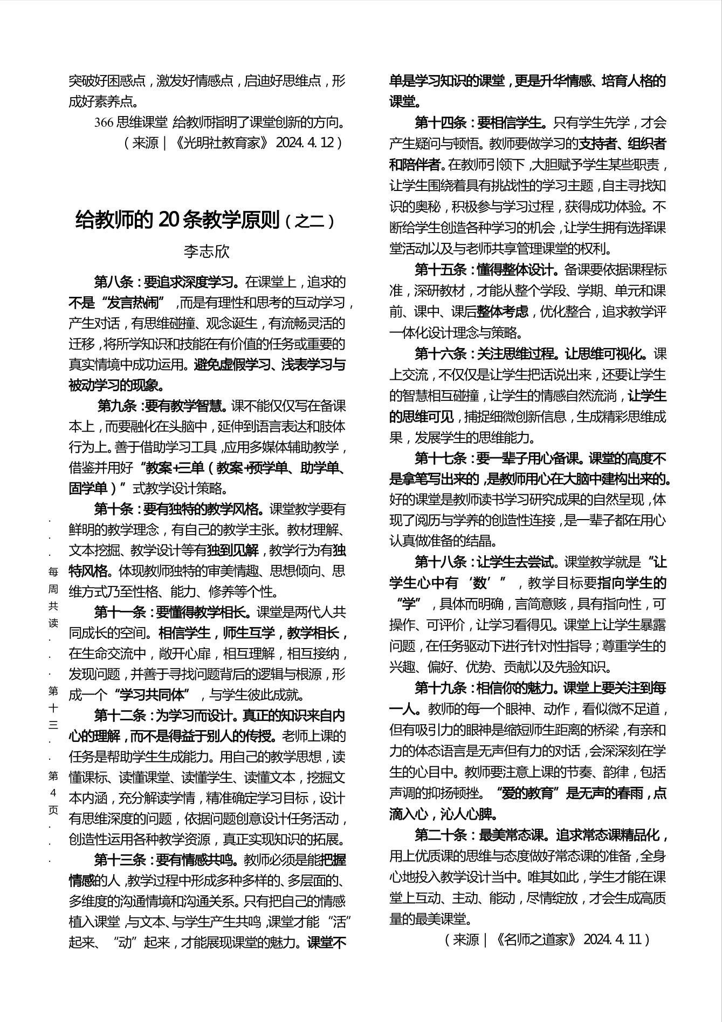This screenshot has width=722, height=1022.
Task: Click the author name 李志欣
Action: pos(207,252)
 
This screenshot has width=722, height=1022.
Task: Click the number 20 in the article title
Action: pos(171,220)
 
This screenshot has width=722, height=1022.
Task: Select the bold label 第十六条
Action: pos(440,354)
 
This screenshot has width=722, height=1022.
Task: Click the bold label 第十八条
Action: pos(440,562)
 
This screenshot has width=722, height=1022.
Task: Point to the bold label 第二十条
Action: pos(440,835)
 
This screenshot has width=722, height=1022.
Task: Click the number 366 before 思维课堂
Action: pos(104,123)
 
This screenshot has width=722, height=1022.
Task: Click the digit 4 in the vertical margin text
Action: pos(53,793)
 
